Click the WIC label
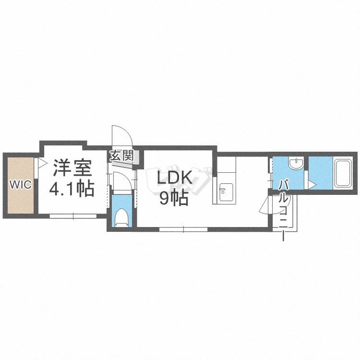[x=20, y=184]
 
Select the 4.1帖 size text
[x=72, y=189]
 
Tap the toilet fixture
[x=121, y=217]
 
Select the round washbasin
[x=296, y=165]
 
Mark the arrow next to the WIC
[x=42, y=163]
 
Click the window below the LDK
[x=183, y=229]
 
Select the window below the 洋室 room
[x=73, y=216]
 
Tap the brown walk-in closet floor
[x=20, y=202]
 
